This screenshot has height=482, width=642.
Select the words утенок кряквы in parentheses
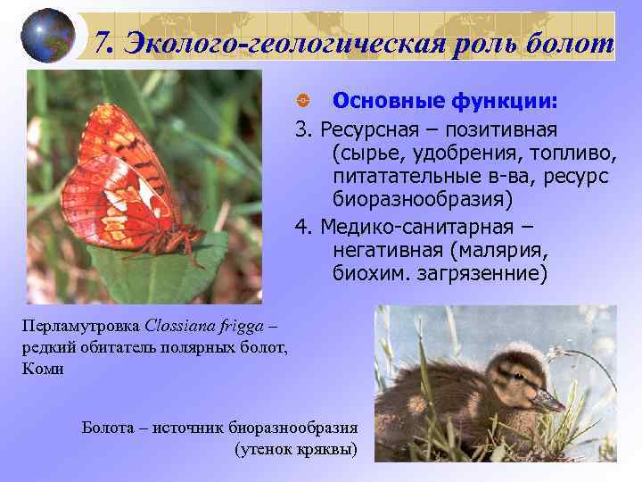click(295, 447)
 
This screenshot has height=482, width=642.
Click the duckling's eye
click(515, 375)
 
